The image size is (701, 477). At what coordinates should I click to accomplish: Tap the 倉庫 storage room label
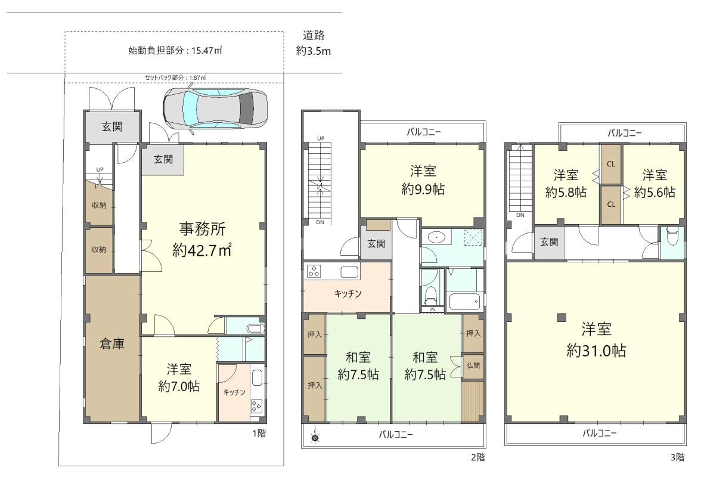111,344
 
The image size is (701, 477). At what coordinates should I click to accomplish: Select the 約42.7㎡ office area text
202,251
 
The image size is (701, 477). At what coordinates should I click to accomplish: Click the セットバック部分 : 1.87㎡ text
175,78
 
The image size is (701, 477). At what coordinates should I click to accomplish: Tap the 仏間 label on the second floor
473,365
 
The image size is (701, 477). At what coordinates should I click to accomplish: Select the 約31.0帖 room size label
596,350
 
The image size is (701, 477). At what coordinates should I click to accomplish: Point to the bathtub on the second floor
464,301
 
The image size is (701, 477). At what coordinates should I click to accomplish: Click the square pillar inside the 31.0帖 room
560,318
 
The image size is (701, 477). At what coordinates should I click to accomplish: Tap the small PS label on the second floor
433,309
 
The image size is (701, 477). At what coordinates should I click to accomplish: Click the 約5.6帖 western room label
655,193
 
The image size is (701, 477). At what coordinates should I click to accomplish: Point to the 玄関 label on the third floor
549,242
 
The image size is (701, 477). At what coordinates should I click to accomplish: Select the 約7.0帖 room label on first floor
179,386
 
